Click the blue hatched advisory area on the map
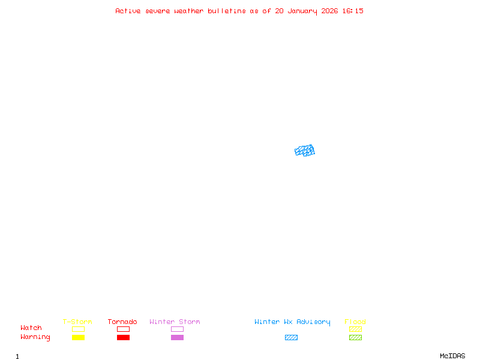pos(305,151)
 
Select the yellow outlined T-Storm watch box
pos(78,329)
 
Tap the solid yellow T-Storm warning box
pos(78,337)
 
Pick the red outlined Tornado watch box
pos(123,329)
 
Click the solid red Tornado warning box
pos(123,337)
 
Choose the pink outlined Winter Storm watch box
pos(177,329)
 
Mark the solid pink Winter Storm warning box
pos(177,337)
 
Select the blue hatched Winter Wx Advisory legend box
pos(291,337)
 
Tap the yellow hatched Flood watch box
pos(355,329)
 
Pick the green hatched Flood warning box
pos(355,337)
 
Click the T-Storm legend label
pos(77,322)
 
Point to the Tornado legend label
pos(122,322)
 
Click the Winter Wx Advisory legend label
pos(292,322)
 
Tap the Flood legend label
pos(355,322)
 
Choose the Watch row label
pos(31,328)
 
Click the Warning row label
pos(35,337)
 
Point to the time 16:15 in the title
pos(352,11)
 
